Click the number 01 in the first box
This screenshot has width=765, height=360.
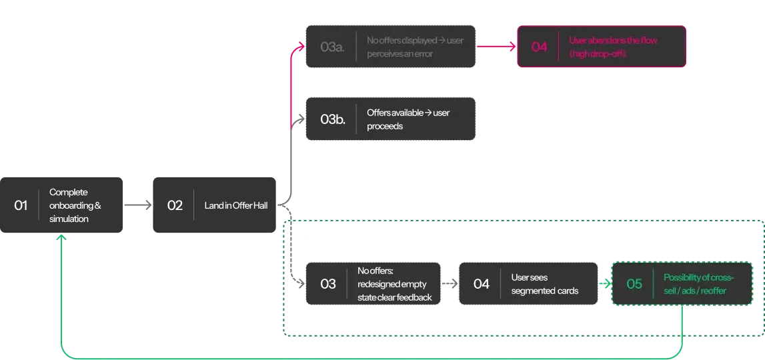pos(21,205)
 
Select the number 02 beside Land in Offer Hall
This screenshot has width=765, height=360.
pos(175,205)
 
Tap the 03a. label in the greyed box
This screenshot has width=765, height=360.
pos(332,47)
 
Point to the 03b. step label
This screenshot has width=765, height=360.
pos(333,119)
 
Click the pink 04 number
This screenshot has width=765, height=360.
pos(539,47)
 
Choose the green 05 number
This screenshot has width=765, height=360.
pos(634,284)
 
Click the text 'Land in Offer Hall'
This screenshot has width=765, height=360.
pos(236,205)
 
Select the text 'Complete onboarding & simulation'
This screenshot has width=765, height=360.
pos(75,205)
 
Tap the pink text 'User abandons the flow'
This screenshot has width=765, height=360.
pos(614,40)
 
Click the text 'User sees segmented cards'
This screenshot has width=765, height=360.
pos(544,284)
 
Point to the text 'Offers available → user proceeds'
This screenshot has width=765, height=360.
pos(408,119)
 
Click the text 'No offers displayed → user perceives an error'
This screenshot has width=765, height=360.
pos(416,47)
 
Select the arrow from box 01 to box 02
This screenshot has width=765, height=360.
pos(138,205)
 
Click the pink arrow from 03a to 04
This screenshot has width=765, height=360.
pos(496,47)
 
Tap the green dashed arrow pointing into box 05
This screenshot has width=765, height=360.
pos(606,283)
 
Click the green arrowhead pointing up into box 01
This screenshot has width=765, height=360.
pos(61,237)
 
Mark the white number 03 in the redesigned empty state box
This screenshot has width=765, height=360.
pos(328,284)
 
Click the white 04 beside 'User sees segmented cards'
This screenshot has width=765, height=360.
pos(481,284)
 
